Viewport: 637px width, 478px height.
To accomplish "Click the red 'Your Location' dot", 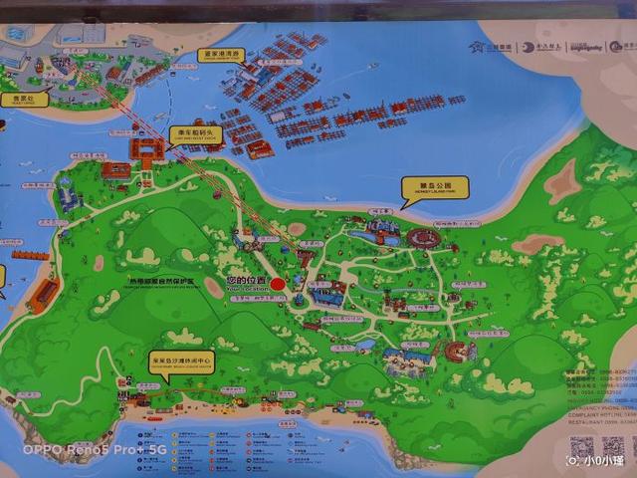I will click(x=278, y=283).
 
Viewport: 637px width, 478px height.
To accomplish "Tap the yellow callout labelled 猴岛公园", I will click(x=434, y=186).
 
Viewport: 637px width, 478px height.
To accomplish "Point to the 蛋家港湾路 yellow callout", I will click(x=222, y=54).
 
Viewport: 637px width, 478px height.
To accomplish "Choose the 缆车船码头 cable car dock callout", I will click(x=193, y=132).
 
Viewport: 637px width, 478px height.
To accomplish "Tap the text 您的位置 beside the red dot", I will click(x=247, y=280).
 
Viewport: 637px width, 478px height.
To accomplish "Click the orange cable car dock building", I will click(x=145, y=149).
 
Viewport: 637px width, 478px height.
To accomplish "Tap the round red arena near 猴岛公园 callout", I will click(x=423, y=239).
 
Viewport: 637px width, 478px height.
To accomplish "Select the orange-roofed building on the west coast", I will click(x=44, y=293).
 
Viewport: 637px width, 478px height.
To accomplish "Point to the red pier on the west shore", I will click(x=30, y=255).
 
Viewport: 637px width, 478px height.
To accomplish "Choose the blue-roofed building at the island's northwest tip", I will click(x=69, y=199).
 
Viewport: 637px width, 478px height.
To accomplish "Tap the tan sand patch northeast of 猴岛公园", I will click(x=562, y=183).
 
